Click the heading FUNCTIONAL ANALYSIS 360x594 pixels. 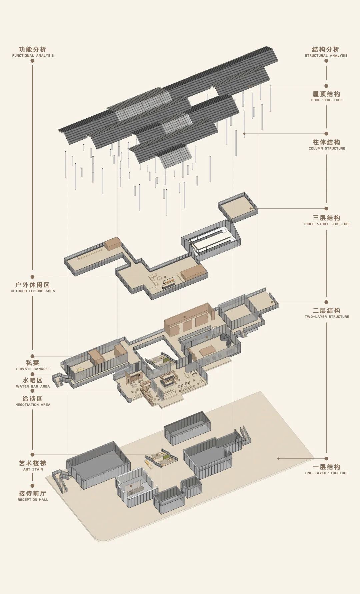33,52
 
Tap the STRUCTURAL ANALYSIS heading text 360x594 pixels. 326,52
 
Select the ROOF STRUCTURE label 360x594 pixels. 327,97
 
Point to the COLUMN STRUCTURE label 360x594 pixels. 327,145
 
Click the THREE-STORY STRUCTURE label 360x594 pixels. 327,220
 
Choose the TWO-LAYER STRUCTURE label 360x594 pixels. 327,313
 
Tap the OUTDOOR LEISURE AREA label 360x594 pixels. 33,287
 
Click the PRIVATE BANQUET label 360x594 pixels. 33,365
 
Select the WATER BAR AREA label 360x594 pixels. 33,383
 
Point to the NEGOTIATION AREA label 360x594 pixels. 33,401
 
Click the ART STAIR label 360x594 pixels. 33,466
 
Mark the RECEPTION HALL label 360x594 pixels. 33,496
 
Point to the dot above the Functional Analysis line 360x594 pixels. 32,61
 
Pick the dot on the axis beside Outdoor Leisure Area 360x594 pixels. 32,277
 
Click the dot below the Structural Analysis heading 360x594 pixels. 326,61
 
